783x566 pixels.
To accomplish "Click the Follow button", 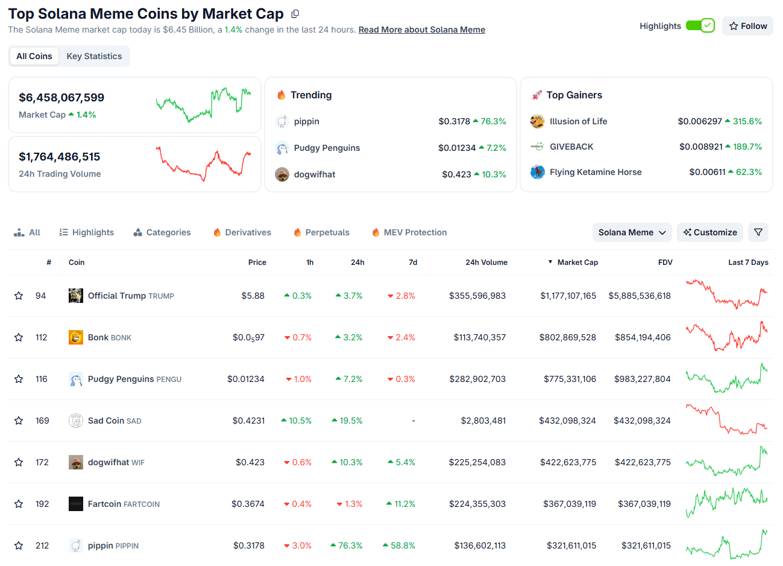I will point(747,26).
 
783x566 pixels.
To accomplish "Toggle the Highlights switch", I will point(700,25).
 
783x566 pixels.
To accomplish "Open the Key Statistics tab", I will point(94,56).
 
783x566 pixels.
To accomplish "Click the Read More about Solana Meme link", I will point(421,30).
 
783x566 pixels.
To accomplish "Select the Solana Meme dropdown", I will point(632,232).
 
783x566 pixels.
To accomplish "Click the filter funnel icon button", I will point(758,232).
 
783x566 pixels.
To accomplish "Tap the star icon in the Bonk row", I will point(19,337).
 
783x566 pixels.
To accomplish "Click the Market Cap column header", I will point(577,262).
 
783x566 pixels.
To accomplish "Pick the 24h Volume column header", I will point(486,262).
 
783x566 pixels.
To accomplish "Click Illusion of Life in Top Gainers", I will point(578,121).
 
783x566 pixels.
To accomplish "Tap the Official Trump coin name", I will point(116,296).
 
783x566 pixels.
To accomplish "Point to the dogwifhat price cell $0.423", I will point(250,462).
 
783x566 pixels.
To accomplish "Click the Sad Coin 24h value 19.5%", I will point(351,421).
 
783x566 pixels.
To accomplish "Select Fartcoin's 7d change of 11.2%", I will point(404,504).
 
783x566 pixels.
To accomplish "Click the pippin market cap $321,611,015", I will point(571,545).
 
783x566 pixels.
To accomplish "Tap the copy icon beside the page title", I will point(295,14).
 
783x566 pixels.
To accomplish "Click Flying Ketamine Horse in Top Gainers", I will point(595,172).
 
